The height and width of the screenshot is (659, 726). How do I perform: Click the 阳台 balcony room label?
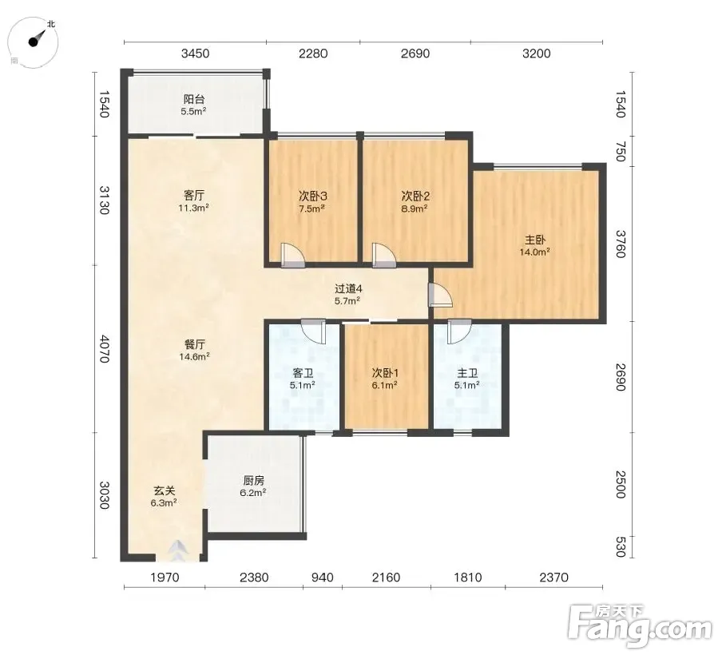pyautogui.click(x=194, y=99)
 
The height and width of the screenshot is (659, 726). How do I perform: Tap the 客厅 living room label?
pyautogui.click(x=193, y=196)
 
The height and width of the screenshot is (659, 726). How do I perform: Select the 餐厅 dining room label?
pyautogui.click(x=194, y=344)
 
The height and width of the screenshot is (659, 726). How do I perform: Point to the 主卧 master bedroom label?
pyautogui.click(x=535, y=240)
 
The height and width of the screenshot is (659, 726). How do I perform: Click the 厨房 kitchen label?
pyautogui.click(x=253, y=481)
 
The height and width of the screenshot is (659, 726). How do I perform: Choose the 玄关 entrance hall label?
pyautogui.click(x=164, y=490)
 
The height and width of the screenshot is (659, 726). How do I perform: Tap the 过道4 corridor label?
pyautogui.click(x=348, y=289)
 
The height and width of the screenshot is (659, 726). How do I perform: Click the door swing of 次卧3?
pyautogui.click(x=292, y=255)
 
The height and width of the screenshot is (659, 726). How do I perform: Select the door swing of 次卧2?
pyautogui.click(x=384, y=255)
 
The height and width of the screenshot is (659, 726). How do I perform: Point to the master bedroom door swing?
pyautogui.click(x=440, y=295)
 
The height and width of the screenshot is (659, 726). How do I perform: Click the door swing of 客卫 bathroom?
pyautogui.click(x=313, y=331)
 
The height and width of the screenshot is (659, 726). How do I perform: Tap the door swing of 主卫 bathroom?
pyautogui.click(x=459, y=331)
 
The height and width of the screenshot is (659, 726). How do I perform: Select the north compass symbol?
pyautogui.click(x=34, y=41)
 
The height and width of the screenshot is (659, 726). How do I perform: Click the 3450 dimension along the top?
pyautogui.click(x=195, y=54)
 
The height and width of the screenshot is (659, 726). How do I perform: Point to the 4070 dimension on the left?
pyautogui.click(x=105, y=349)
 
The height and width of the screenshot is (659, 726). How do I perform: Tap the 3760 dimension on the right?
pyautogui.click(x=621, y=244)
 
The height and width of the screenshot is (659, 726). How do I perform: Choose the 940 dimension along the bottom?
pyautogui.click(x=322, y=578)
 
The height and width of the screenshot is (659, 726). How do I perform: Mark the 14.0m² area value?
pyautogui.click(x=535, y=252)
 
